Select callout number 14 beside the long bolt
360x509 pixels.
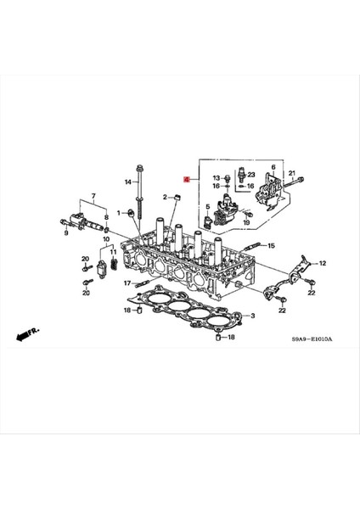pos(128,182)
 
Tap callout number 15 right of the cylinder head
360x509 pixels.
pos(272,246)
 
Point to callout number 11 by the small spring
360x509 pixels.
pos(114,265)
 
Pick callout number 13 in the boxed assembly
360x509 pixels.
pos(216,177)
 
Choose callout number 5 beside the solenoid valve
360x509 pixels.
pos(206,206)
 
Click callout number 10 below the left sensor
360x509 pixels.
pos(107,240)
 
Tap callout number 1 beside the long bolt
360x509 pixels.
pos(119,211)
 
